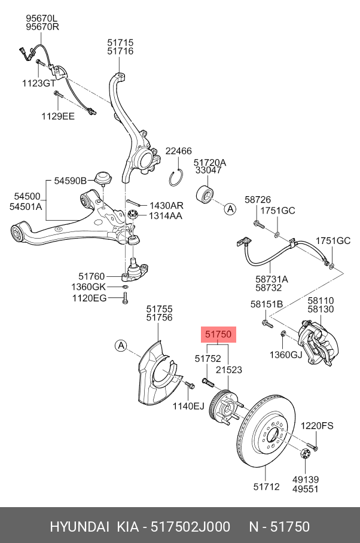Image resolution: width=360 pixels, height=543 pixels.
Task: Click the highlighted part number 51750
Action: [218, 335]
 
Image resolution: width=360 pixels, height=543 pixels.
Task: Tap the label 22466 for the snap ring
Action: [178, 151]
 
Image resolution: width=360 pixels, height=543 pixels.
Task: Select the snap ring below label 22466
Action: [176, 178]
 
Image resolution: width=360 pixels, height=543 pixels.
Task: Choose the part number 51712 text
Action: [266, 487]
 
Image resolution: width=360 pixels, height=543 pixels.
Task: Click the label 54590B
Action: [71, 181]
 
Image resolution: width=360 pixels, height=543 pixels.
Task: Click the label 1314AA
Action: [166, 215]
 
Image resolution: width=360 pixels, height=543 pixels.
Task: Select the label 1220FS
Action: [316, 426]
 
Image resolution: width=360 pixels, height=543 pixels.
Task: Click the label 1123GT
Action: [38, 83]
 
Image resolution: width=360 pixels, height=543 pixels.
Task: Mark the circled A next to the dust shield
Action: [121, 346]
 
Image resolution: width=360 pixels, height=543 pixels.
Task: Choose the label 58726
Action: [258, 199]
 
